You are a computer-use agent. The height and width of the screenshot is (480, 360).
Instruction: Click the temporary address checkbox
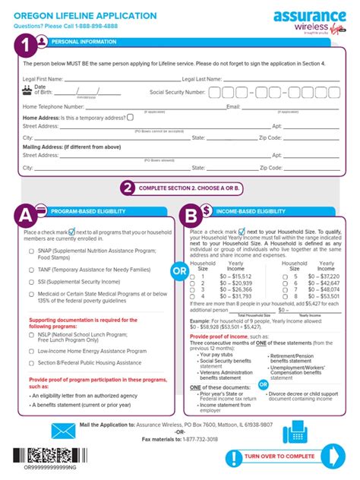tap(131, 117)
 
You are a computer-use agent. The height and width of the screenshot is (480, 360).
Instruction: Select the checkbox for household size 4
tap(191, 295)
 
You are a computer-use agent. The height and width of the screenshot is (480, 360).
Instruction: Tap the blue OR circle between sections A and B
tap(179, 270)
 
